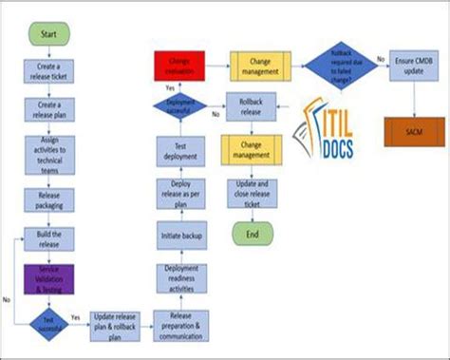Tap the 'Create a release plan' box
[x=48, y=110]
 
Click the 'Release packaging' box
[x=48, y=200]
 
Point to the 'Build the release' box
[x=48, y=238]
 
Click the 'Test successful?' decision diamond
[x=48, y=321]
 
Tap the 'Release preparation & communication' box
[x=180, y=324]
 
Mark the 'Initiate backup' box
[x=180, y=233]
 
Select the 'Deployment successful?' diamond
[x=180, y=104]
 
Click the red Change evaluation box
[x=179, y=66]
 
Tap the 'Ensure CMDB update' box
[x=413, y=65]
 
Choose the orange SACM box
[x=413, y=131]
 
